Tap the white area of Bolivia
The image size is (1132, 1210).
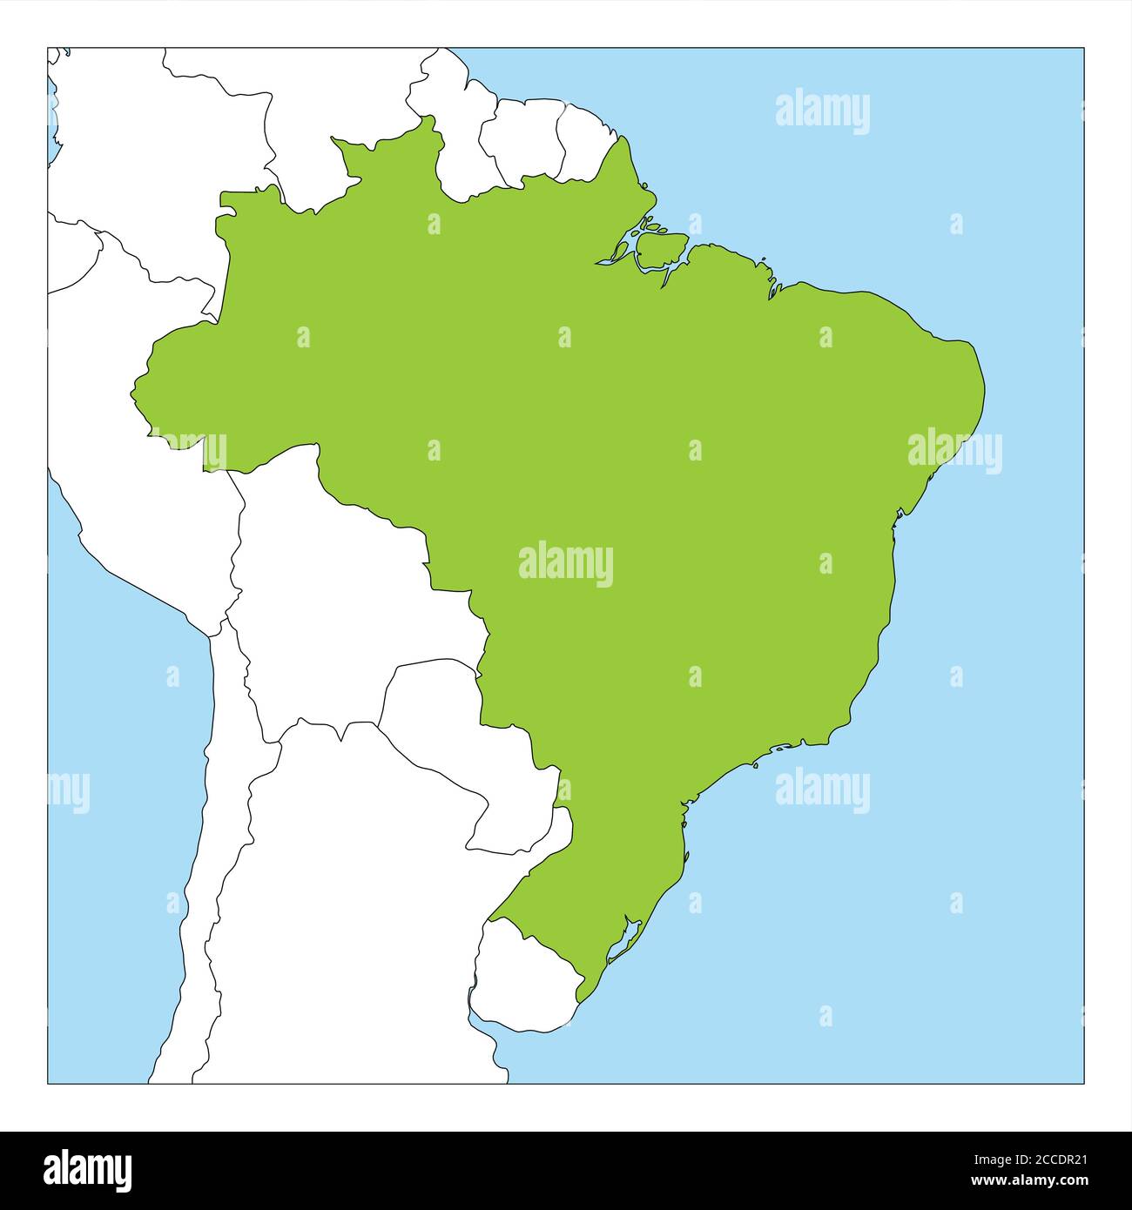(x=348, y=592)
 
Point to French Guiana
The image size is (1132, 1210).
(x=585, y=144)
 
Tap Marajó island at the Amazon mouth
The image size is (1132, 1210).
(x=660, y=250)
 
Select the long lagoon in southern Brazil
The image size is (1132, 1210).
(x=623, y=944)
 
